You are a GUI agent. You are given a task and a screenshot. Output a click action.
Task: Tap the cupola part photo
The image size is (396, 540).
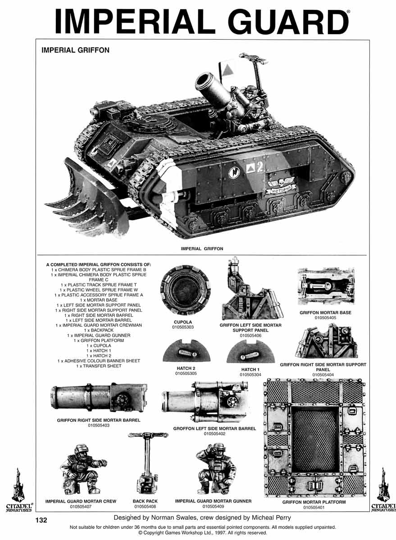(x=185, y=290)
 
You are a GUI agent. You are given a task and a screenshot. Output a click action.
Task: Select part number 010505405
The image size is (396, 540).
(x=325, y=318)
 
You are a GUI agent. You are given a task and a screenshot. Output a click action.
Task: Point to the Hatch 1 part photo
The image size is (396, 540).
(x=250, y=352)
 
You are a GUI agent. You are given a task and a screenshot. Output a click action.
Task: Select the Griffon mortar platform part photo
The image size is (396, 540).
(x=315, y=438)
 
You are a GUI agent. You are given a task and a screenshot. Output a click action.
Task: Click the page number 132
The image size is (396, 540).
(x=41, y=520)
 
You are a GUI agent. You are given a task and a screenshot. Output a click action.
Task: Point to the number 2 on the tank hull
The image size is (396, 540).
(x=260, y=167)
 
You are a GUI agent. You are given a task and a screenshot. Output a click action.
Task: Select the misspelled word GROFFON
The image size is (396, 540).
(x=185, y=428)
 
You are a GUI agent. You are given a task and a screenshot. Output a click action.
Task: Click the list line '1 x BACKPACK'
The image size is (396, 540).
(x=99, y=330)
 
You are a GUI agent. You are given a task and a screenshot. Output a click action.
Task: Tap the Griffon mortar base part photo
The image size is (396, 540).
(x=326, y=286)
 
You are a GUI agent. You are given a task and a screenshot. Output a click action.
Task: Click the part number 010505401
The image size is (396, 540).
(x=314, y=508)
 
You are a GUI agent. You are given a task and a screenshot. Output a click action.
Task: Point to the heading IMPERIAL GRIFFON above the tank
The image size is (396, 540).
(x=75, y=50)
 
